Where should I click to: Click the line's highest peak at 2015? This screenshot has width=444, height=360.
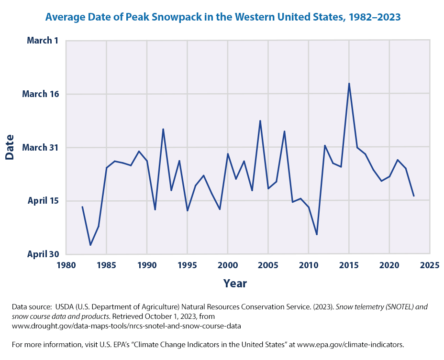tap(349, 84)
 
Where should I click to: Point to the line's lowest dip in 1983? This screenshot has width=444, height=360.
tap(90, 245)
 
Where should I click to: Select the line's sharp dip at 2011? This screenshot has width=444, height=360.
tap(317, 234)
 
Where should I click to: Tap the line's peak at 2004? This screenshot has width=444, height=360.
tap(260, 121)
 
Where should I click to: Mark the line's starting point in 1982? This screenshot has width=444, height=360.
tap(82, 207)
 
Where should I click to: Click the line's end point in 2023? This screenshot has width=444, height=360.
tap(413, 196)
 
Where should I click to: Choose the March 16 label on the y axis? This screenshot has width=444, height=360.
tap(40, 94)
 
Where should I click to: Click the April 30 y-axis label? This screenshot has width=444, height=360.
tap(43, 254)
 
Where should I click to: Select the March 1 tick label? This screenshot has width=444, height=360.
tap(43, 41)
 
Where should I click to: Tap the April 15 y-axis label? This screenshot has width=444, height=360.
tap(43, 201)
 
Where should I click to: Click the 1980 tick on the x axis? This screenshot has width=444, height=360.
tap(66, 264)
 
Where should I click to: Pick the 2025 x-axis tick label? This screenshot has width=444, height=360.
tap(430, 264)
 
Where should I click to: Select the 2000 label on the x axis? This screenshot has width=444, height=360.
tap(228, 264)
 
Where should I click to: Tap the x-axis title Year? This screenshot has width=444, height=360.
tap(234, 284)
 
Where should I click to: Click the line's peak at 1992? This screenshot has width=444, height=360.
tap(163, 129)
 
